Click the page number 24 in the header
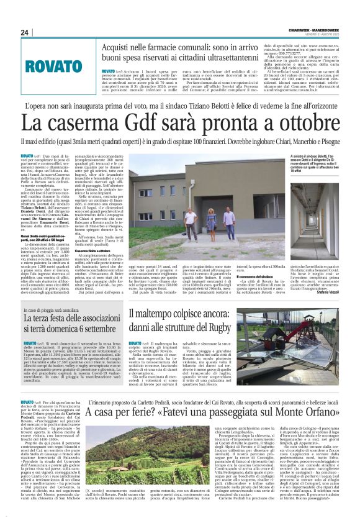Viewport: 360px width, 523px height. coord(25,32)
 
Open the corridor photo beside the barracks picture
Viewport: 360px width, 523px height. coord(322,211)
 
